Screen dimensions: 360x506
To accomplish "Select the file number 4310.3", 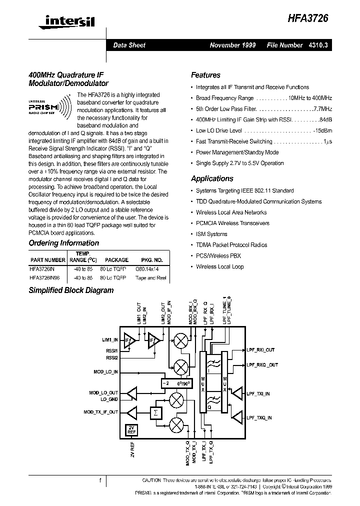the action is (318, 45).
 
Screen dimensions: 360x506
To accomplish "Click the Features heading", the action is (205, 75).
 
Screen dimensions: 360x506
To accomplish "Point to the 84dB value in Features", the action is (325, 119).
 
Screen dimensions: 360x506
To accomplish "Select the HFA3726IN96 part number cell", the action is (45, 278).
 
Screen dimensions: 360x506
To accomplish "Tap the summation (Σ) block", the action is (155, 413).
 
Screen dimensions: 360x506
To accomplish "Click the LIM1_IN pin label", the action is (109, 339).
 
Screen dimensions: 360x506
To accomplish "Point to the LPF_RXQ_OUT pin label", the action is (262, 365).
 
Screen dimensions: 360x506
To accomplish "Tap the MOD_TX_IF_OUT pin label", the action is (100, 412).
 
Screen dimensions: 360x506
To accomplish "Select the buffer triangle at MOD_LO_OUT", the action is (131, 394).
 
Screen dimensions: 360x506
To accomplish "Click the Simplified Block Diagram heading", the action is (70, 290).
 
